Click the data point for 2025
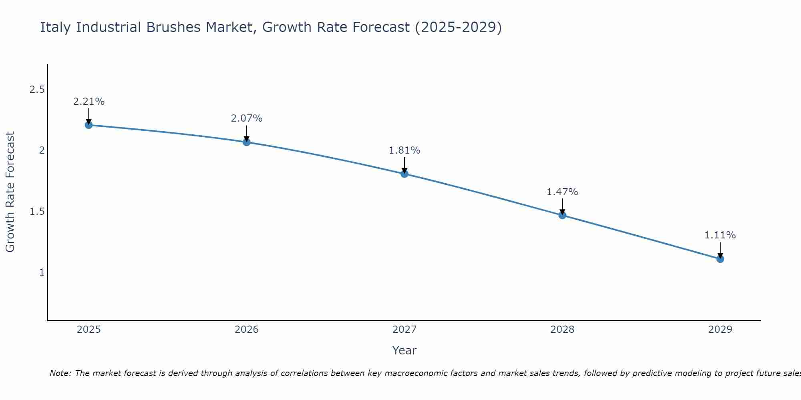[89, 125]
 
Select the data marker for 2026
[246, 142]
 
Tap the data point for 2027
[404, 174]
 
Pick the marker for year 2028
[562, 215]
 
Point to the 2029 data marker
[720, 259]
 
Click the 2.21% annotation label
[89, 102]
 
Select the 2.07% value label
[246, 118]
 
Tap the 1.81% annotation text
[404, 150]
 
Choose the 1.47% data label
[562, 192]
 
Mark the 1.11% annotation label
[720, 235]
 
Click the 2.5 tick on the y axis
[37, 90]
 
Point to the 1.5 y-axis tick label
[37, 212]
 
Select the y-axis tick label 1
[41, 272]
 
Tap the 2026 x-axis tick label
[246, 330]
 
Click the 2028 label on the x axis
[562, 330]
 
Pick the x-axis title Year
[404, 350]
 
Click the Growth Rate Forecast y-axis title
[10, 192]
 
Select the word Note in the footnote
[60, 373]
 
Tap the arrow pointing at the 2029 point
[720, 250]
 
